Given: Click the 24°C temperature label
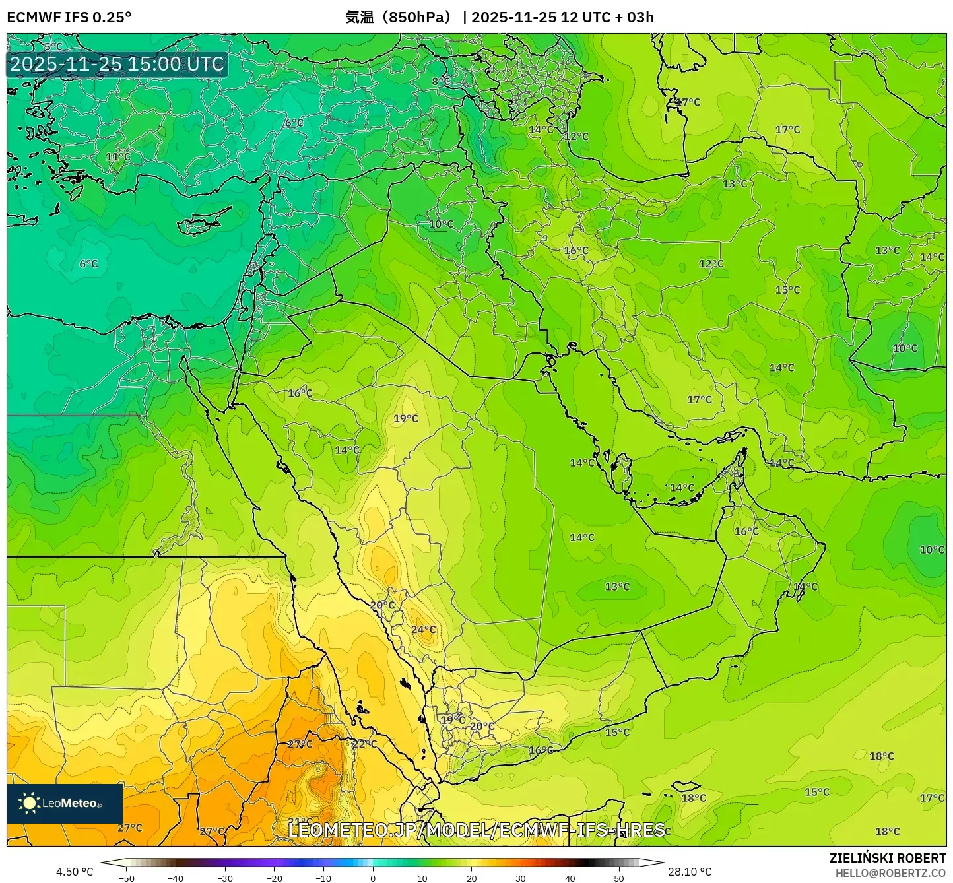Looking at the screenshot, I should [423, 630].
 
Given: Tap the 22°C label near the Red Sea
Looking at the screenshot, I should [364, 744].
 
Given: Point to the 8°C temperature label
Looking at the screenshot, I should [441, 82].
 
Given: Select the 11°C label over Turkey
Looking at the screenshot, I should [118, 157].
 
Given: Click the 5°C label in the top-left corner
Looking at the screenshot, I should [53, 47].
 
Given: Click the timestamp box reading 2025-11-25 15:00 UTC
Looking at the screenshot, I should [117, 64].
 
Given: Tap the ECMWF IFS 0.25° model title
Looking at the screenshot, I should [69, 17].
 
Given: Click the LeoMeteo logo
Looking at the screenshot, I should [65, 803].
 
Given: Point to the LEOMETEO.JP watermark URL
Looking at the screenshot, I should [476, 830].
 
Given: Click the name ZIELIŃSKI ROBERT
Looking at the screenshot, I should [888, 858].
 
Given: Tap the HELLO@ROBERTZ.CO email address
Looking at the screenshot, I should [890, 873].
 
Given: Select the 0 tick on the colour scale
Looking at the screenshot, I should [373, 878].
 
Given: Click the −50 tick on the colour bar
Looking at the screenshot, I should [126, 878].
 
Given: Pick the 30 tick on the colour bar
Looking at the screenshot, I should [521, 878].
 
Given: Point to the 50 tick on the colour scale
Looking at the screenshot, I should [619, 878].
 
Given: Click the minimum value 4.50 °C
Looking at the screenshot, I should [75, 872].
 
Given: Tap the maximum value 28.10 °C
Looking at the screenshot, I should [690, 872].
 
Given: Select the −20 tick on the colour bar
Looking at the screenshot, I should [274, 878].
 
